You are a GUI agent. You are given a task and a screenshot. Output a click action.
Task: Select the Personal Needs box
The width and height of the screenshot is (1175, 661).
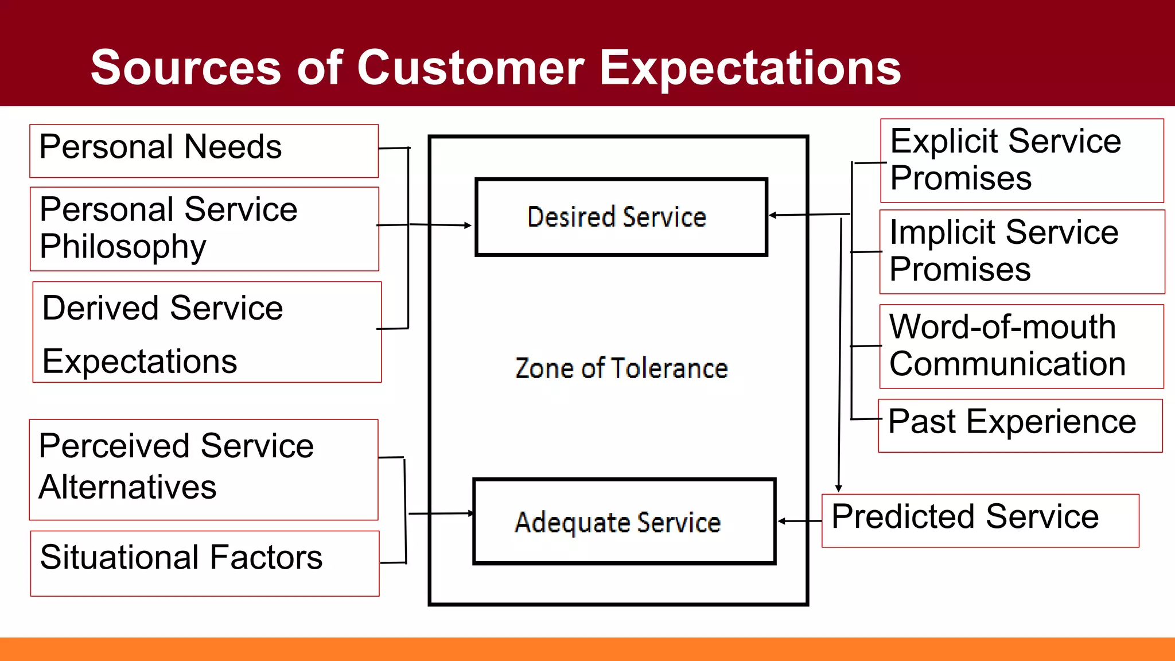(x=204, y=150)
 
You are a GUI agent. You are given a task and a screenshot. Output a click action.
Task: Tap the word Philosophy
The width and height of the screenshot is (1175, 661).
(x=123, y=247)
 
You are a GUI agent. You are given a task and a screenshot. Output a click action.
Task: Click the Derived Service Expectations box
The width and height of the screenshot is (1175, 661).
(x=207, y=332)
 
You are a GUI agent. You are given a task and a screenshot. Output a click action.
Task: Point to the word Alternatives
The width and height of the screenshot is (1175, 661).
(x=127, y=487)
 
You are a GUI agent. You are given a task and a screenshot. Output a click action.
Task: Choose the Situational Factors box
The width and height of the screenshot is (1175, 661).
(x=204, y=562)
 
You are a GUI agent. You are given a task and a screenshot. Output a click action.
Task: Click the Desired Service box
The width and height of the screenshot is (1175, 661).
(x=621, y=217)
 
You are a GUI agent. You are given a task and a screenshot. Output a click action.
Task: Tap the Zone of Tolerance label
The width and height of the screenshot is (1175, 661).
(x=621, y=368)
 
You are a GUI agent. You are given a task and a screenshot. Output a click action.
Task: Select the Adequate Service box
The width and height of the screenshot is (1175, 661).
(x=624, y=522)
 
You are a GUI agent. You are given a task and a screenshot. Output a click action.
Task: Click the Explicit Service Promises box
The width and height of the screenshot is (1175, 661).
(x=1022, y=160)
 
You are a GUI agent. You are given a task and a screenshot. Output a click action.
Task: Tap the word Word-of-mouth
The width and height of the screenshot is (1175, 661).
(x=1002, y=327)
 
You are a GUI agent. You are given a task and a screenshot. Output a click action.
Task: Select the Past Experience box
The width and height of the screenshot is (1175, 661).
(x=1020, y=425)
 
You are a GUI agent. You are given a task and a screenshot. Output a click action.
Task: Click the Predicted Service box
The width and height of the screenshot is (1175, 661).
(x=980, y=520)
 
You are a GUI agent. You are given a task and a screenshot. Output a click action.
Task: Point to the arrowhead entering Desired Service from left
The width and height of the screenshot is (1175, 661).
(x=468, y=225)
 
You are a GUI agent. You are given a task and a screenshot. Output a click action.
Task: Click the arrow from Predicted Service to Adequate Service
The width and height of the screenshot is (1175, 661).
(x=800, y=521)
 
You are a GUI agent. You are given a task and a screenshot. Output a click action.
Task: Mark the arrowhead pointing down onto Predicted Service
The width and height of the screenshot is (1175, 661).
(x=838, y=488)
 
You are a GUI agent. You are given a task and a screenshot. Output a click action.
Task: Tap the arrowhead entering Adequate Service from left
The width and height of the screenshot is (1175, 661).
(x=470, y=513)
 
